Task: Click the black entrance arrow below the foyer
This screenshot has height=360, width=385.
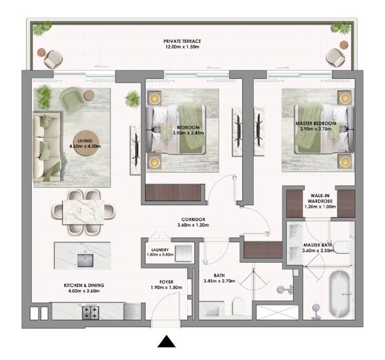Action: coord(166,341)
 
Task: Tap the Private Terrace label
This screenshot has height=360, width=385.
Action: coord(182,41)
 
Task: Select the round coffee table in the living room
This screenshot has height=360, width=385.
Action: coord(87,143)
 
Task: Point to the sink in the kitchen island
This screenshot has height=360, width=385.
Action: coord(86,261)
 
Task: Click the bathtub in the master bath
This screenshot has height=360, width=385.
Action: coord(339,294)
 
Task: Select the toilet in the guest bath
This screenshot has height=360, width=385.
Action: coord(238,306)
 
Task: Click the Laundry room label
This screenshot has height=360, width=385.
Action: coord(160,250)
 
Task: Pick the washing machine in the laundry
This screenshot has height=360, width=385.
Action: coord(183,253)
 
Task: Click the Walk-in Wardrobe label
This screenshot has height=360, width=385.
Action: coord(320,198)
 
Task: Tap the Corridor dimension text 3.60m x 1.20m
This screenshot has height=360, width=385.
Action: coord(193,225)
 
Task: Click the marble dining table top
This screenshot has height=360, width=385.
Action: coord(83,212)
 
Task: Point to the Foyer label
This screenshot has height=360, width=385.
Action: coord(166,282)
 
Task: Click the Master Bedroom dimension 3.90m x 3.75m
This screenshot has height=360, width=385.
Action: coord(315,129)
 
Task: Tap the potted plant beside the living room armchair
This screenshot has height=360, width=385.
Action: coord(44,96)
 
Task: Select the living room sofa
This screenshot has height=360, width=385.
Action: coord(47,147)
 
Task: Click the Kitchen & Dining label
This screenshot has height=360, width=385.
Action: coord(84,285)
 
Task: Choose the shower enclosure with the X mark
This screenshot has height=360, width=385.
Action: coord(277,313)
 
